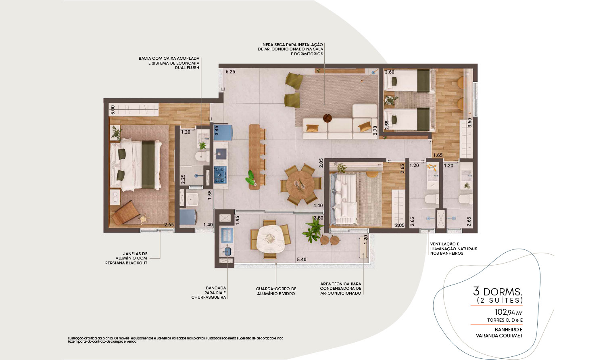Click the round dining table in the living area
point(300,185)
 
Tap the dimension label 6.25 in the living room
point(230,71)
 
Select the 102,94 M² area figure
point(509,312)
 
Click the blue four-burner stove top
point(220,175)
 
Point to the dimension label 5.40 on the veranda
point(301,260)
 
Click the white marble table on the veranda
point(270,239)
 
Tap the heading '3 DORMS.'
point(497,292)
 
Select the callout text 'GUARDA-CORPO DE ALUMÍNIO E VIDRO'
point(276,291)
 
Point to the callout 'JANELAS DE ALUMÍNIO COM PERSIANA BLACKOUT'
point(126,258)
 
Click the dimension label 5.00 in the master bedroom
point(113,110)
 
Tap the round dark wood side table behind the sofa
point(328,118)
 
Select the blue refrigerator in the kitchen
point(223,133)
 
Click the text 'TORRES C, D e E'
point(505,320)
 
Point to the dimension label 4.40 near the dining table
point(318,205)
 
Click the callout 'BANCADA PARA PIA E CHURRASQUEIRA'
point(209,293)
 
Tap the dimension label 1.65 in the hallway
point(438,155)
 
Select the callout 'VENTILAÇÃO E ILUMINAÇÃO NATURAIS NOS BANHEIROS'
point(454,249)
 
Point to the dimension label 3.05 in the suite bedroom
point(400,225)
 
